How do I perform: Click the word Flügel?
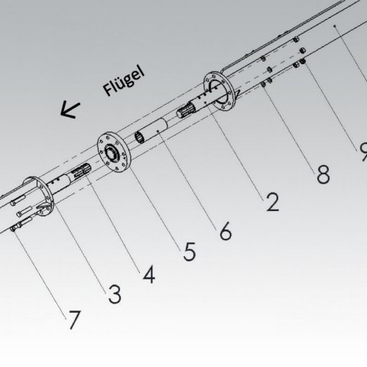pyautogui.click(x=124, y=81)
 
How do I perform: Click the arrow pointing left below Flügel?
pyautogui.click(x=70, y=110)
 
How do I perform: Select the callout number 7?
pyautogui.click(x=73, y=320)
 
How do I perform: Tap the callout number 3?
pyautogui.click(x=114, y=294)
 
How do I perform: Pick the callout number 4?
pyautogui.click(x=149, y=274)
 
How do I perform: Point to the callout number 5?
pyautogui.click(x=190, y=252)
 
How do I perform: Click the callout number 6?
pyautogui.click(x=226, y=231)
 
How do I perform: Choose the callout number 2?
pyautogui.click(x=272, y=202)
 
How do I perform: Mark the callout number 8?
pyautogui.click(x=323, y=174)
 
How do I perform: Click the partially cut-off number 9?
pyautogui.click(x=363, y=151)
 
